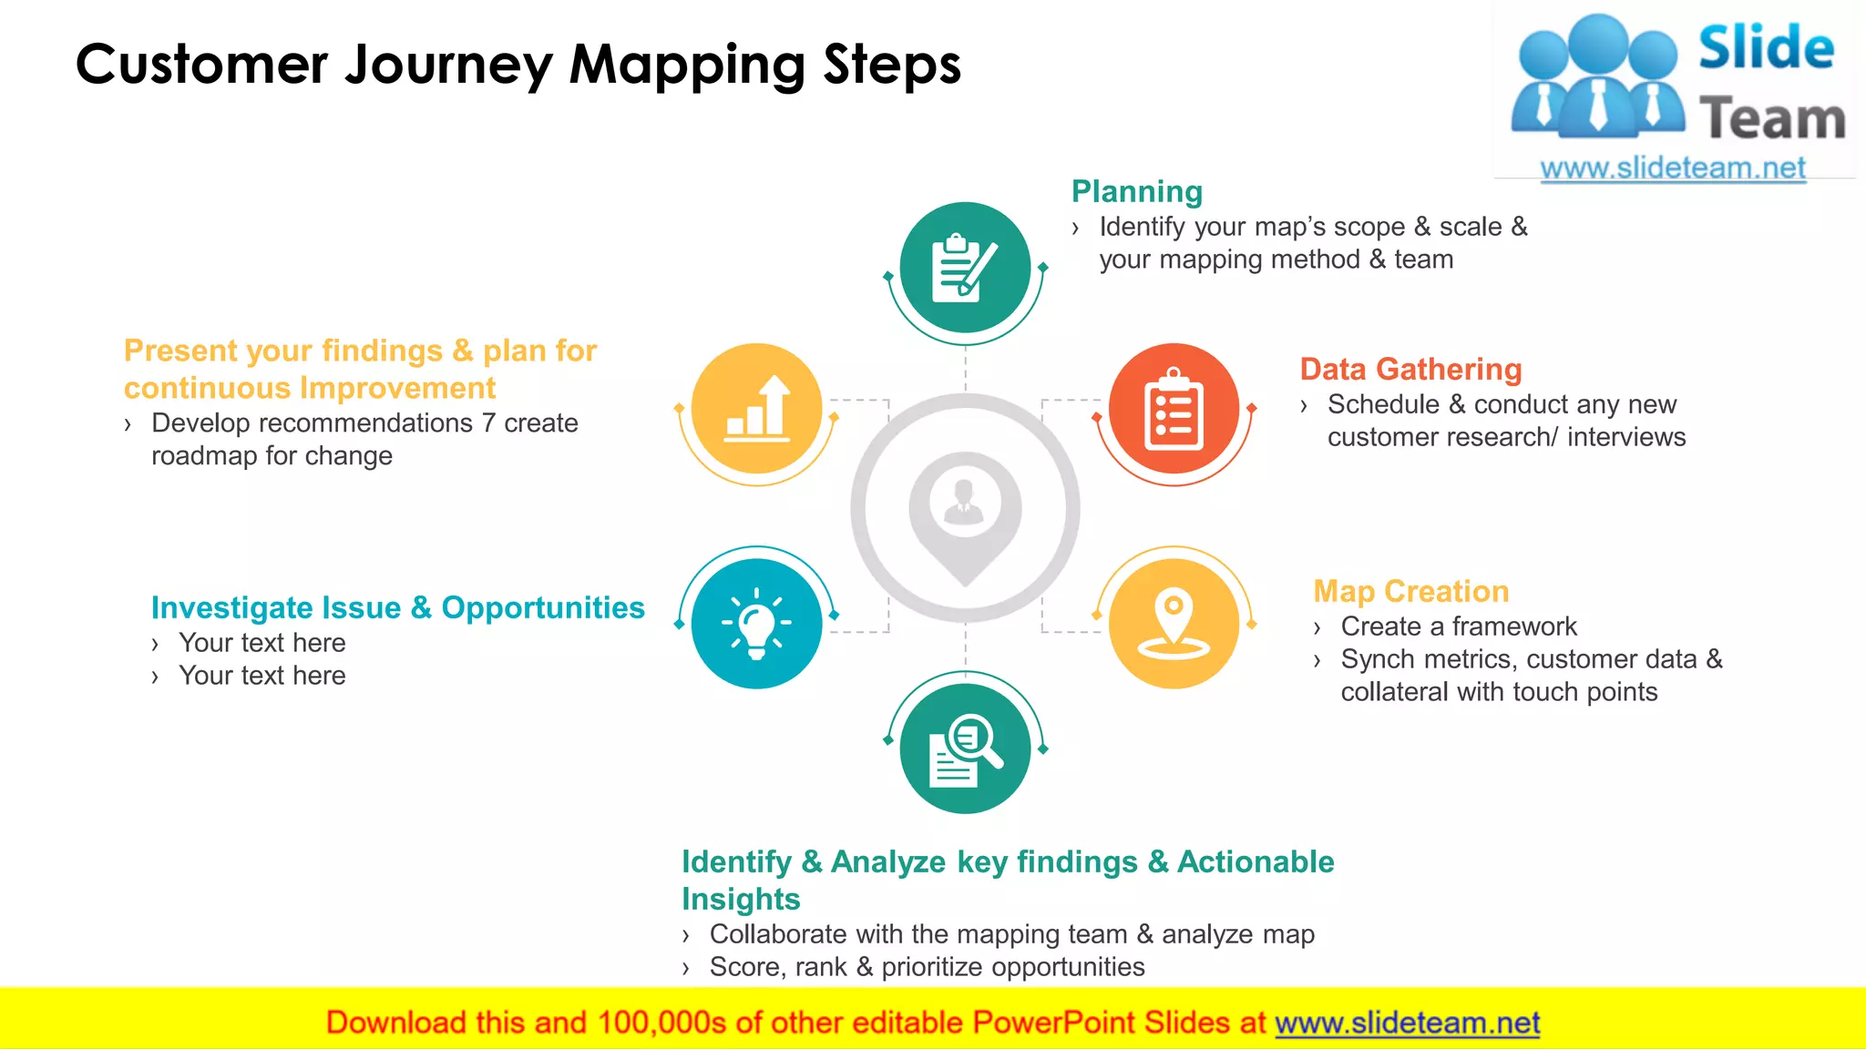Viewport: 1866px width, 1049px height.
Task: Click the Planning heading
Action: point(1136,192)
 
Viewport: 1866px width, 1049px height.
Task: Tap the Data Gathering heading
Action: point(1410,370)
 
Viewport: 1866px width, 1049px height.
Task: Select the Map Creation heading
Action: point(1410,592)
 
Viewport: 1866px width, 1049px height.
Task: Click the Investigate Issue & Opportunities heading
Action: point(397,608)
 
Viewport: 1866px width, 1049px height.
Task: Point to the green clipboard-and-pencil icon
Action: point(965,268)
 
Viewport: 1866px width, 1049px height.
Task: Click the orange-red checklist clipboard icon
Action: point(1174,409)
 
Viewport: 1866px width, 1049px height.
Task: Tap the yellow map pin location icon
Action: point(1174,623)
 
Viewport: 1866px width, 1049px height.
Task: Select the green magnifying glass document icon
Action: point(965,749)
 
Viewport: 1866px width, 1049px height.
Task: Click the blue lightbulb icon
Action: point(756,623)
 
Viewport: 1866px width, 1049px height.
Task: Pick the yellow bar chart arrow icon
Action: point(756,409)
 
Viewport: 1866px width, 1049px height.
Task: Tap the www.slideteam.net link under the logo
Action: point(1673,168)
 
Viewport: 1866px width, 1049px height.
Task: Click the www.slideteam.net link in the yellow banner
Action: point(1407,1024)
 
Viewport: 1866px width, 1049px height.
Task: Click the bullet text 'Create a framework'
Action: point(1458,626)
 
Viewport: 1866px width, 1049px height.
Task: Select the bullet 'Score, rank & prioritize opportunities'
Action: point(927,967)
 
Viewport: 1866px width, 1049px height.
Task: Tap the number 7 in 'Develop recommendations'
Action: point(488,423)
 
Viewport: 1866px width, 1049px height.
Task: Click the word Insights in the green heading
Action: point(741,900)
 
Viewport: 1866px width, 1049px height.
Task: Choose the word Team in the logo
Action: point(1771,119)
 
